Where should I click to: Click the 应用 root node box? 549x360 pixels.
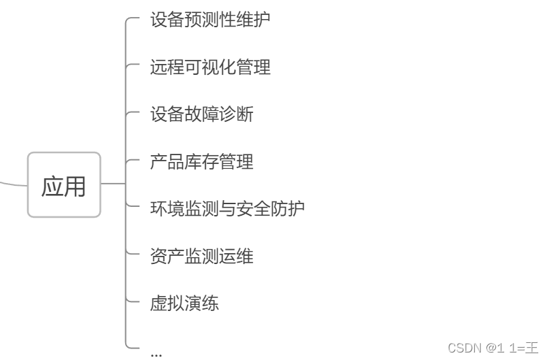coord(64,184)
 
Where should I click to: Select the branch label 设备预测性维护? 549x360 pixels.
coord(210,19)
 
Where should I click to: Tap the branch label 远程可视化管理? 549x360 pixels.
coord(210,67)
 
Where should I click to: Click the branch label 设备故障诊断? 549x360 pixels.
coord(201,114)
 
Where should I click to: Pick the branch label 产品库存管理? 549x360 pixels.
coord(201,161)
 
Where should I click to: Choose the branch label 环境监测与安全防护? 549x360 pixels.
coord(227,208)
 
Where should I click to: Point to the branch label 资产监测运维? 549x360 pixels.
coord(201,256)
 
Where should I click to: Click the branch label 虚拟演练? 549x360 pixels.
coord(184,303)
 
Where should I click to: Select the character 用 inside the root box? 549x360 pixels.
coord(76,186)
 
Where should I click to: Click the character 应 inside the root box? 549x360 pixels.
coord(53,186)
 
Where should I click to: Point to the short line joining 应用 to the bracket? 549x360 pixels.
coord(113,183)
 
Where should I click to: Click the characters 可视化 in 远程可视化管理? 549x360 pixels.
coord(210,67)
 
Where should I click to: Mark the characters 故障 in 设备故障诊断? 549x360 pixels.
coord(201,114)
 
